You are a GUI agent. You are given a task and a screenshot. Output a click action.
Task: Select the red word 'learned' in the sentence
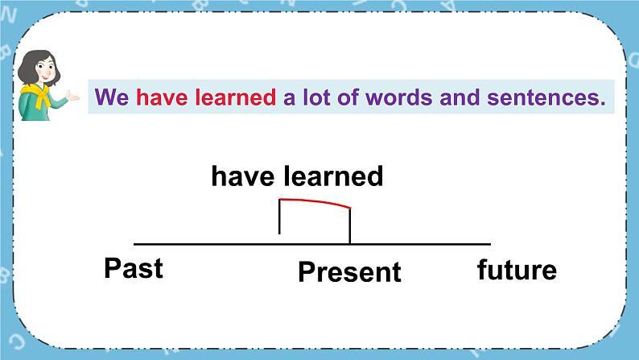point(233,98)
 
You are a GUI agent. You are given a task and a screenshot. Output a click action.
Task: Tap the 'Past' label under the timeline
point(134,268)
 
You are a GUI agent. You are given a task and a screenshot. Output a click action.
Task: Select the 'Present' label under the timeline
point(349,272)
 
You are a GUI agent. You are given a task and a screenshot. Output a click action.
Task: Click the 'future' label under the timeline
point(516,269)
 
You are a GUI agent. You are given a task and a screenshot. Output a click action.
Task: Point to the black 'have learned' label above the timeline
point(297,176)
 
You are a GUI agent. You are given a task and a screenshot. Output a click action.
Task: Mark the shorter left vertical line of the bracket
point(279,217)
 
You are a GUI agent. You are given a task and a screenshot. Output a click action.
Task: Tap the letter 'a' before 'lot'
point(289,98)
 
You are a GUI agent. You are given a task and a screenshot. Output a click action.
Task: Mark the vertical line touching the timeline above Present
point(349,226)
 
